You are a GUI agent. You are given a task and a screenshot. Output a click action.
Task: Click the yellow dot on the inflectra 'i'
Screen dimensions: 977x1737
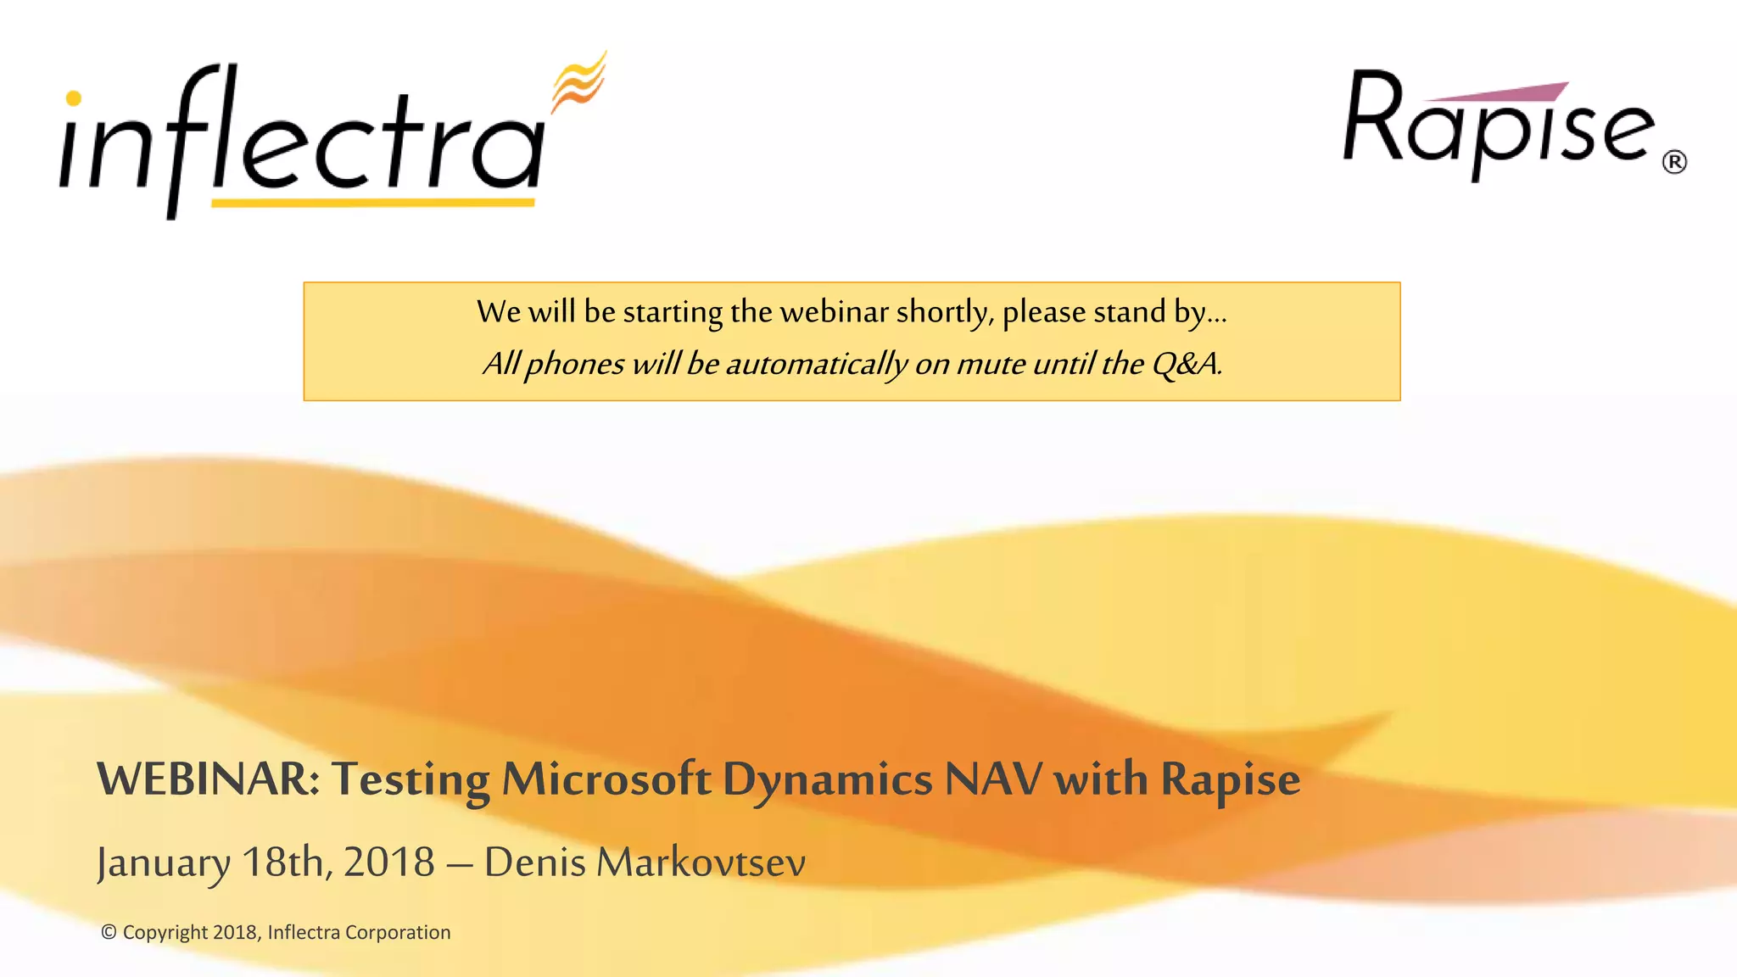click(74, 98)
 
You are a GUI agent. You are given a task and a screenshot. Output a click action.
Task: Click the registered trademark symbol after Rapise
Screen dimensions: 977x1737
click(1674, 162)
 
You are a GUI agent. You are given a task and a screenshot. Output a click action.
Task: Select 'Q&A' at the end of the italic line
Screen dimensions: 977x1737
click(1185, 364)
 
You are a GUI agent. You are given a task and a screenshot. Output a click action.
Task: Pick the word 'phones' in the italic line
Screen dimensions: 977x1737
click(574, 365)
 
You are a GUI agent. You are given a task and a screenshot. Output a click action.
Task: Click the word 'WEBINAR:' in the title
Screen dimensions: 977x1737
click(208, 779)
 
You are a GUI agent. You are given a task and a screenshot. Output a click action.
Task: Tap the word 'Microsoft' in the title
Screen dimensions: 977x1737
click(606, 779)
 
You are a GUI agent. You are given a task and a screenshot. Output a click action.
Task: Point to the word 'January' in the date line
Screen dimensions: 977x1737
click(163, 863)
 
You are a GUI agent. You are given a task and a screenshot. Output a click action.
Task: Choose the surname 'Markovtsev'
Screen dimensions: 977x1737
click(701, 863)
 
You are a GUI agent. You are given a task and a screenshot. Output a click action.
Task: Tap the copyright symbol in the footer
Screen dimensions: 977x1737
click(109, 932)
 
